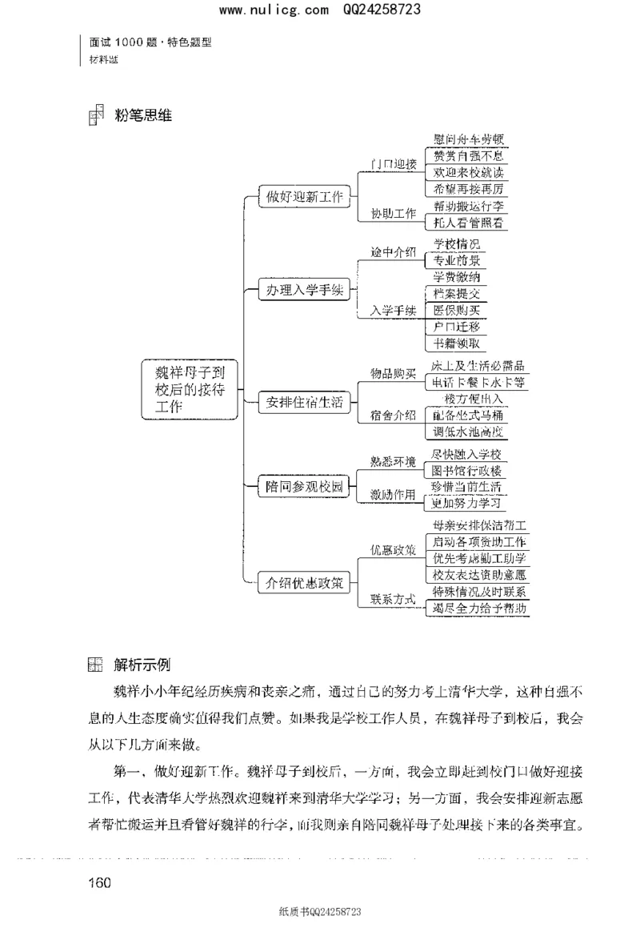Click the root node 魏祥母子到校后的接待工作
pos(190,389)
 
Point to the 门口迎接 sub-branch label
pos(393,164)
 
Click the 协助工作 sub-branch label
pos(393,214)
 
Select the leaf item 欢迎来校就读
pos(468,172)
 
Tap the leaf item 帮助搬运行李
pos(468,206)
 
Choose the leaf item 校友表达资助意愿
pos(478,575)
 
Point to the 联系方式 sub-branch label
pos(393,600)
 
